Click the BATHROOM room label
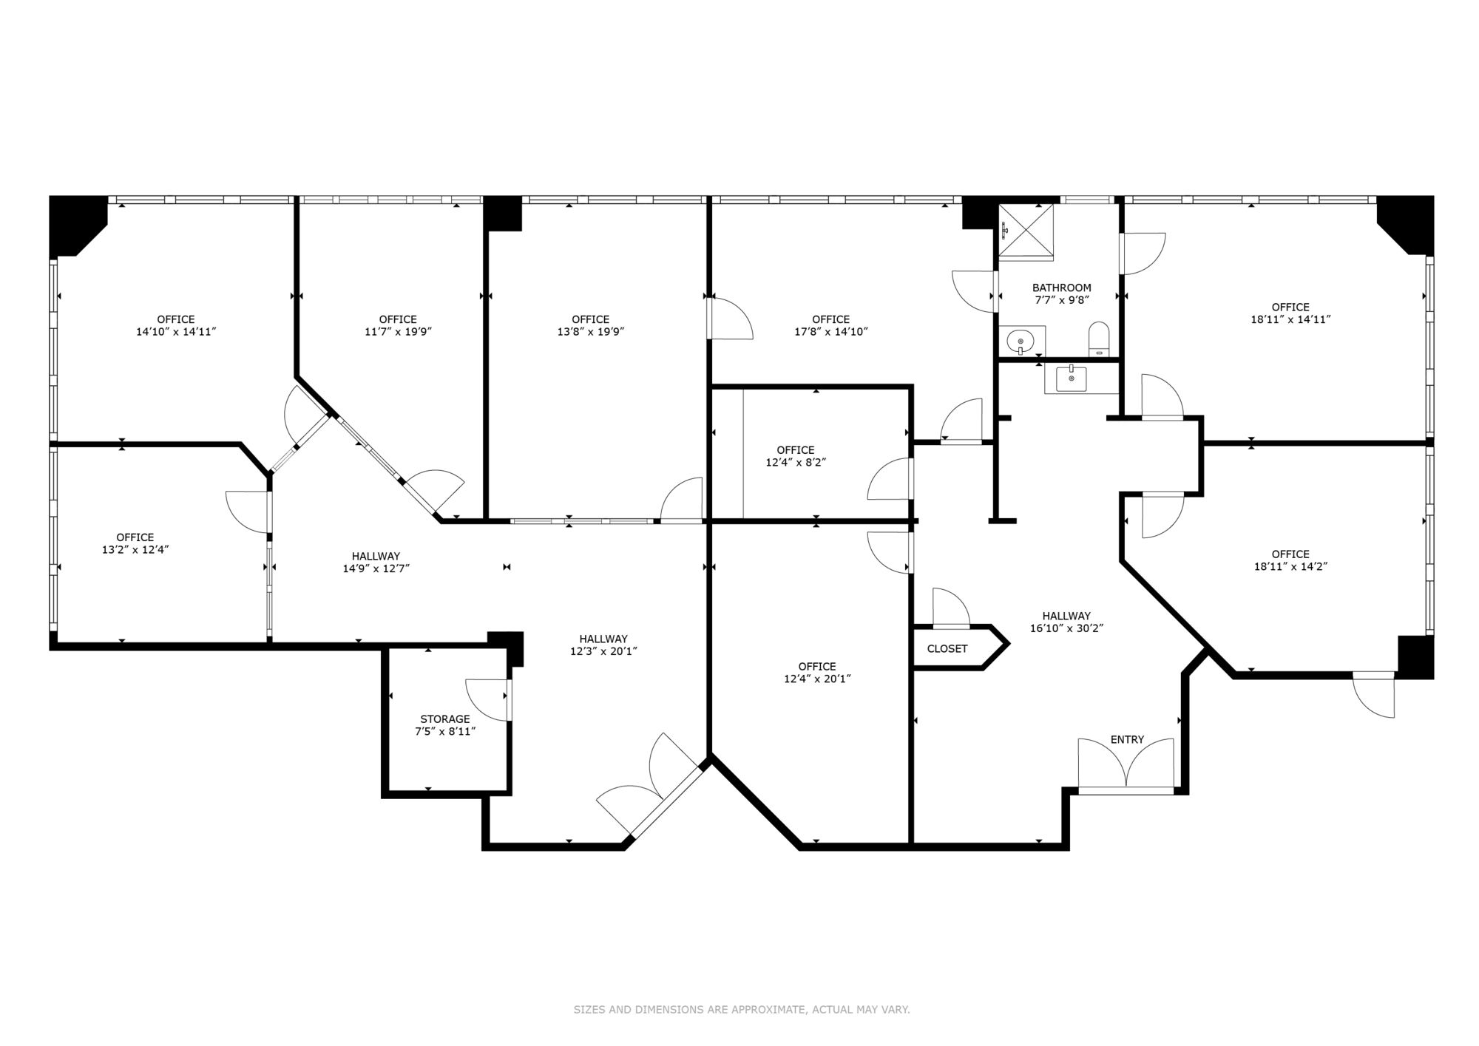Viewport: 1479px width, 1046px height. tap(1061, 288)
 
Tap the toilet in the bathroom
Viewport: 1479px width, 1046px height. tap(1099, 339)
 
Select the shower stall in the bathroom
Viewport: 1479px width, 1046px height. tap(1026, 232)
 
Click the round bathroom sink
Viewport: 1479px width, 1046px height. tap(1021, 342)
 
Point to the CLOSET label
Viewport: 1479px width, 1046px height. tap(947, 649)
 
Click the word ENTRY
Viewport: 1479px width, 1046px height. tap(1127, 739)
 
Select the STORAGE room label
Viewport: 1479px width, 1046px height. tap(445, 719)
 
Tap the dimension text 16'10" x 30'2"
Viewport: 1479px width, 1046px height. tap(1066, 628)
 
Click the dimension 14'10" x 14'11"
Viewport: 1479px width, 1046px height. tap(176, 332)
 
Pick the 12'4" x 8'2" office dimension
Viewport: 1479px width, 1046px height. tap(796, 462)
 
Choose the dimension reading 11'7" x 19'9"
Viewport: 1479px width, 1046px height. tap(398, 332)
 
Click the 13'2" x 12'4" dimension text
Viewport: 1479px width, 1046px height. tap(135, 549)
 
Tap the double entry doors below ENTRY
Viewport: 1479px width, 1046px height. tap(1126, 764)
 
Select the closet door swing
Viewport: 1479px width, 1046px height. tap(951, 607)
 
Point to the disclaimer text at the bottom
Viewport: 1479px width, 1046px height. tap(742, 1009)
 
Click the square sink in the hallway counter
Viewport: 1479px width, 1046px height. tap(1072, 379)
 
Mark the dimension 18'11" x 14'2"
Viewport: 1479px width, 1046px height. tap(1290, 566)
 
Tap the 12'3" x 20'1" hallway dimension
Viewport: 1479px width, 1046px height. tap(603, 651)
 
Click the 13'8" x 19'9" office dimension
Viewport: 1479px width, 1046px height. tap(591, 332)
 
